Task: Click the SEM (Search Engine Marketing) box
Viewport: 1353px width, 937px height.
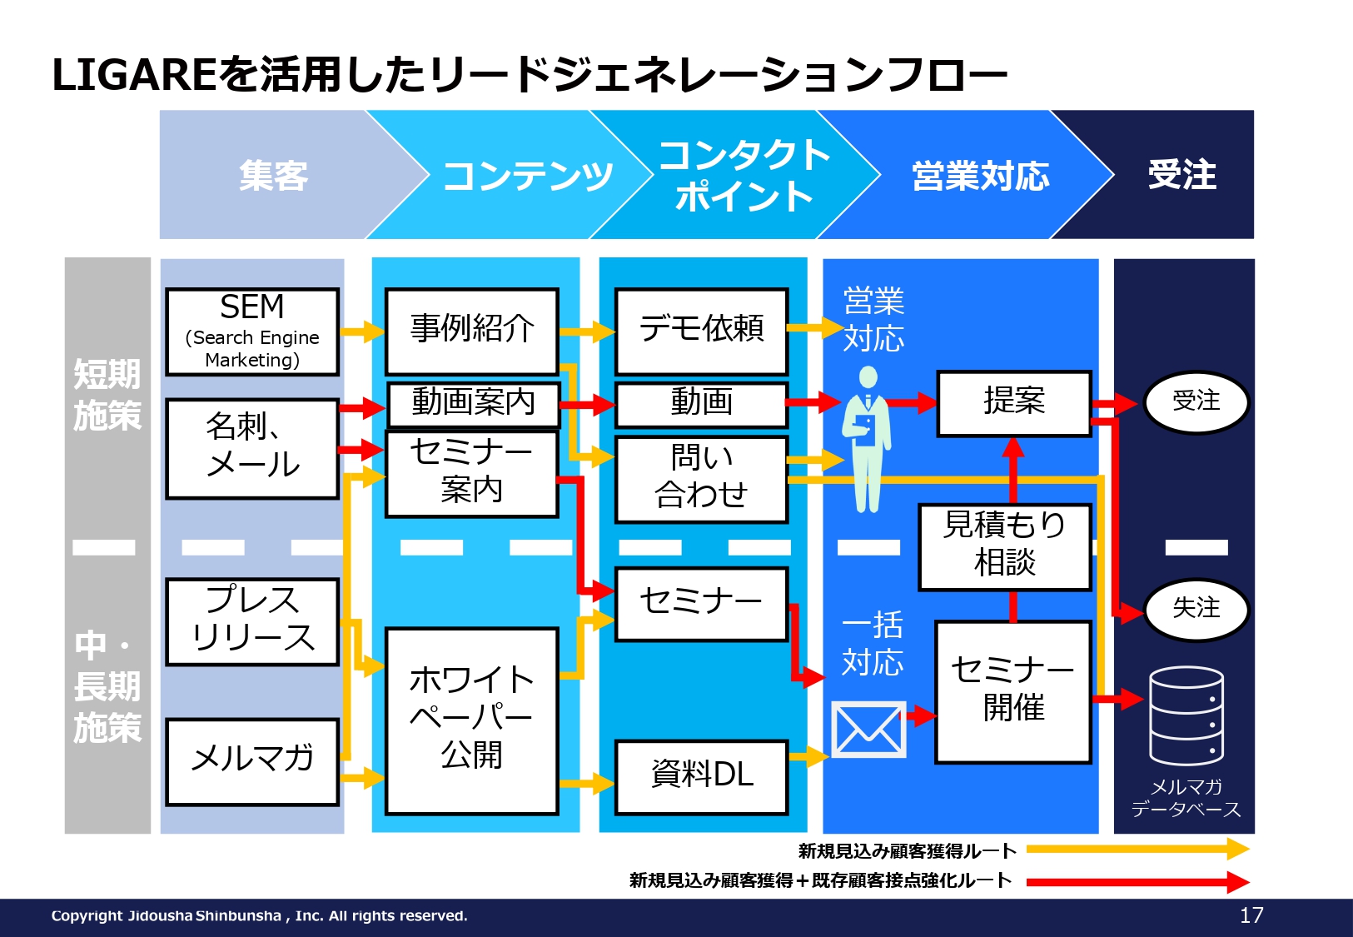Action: point(252,331)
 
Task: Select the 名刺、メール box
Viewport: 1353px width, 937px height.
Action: point(252,449)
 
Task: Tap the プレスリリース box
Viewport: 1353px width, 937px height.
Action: point(252,621)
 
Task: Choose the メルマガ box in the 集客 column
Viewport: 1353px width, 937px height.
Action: point(252,762)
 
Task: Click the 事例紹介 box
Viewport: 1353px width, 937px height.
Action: point(472,331)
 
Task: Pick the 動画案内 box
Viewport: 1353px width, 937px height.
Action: point(474,404)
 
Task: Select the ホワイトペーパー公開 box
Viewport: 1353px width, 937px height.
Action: point(472,721)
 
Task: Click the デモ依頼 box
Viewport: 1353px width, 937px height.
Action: point(702,331)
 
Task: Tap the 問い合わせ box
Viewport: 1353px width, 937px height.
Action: point(702,479)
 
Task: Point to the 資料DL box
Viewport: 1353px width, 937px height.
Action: point(702,778)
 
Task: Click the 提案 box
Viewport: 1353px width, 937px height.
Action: point(1015,404)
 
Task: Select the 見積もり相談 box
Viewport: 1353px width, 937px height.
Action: point(1005,547)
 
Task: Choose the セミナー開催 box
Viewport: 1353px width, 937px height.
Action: point(1013,692)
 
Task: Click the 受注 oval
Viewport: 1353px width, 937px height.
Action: point(1196,402)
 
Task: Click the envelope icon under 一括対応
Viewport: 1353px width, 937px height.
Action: point(868,729)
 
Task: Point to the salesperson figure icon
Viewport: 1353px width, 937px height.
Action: point(868,440)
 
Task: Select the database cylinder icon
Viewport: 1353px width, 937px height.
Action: point(1187,716)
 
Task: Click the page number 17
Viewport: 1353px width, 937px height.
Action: point(1251,915)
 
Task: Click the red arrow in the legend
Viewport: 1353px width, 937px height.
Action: point(1138,882)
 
